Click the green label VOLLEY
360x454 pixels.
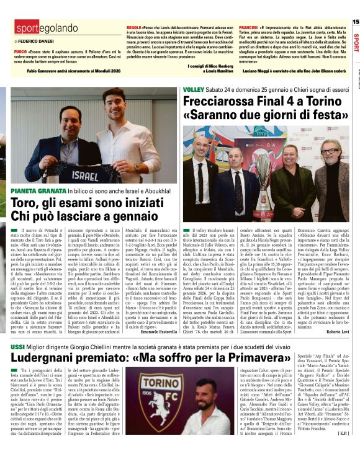192,91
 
